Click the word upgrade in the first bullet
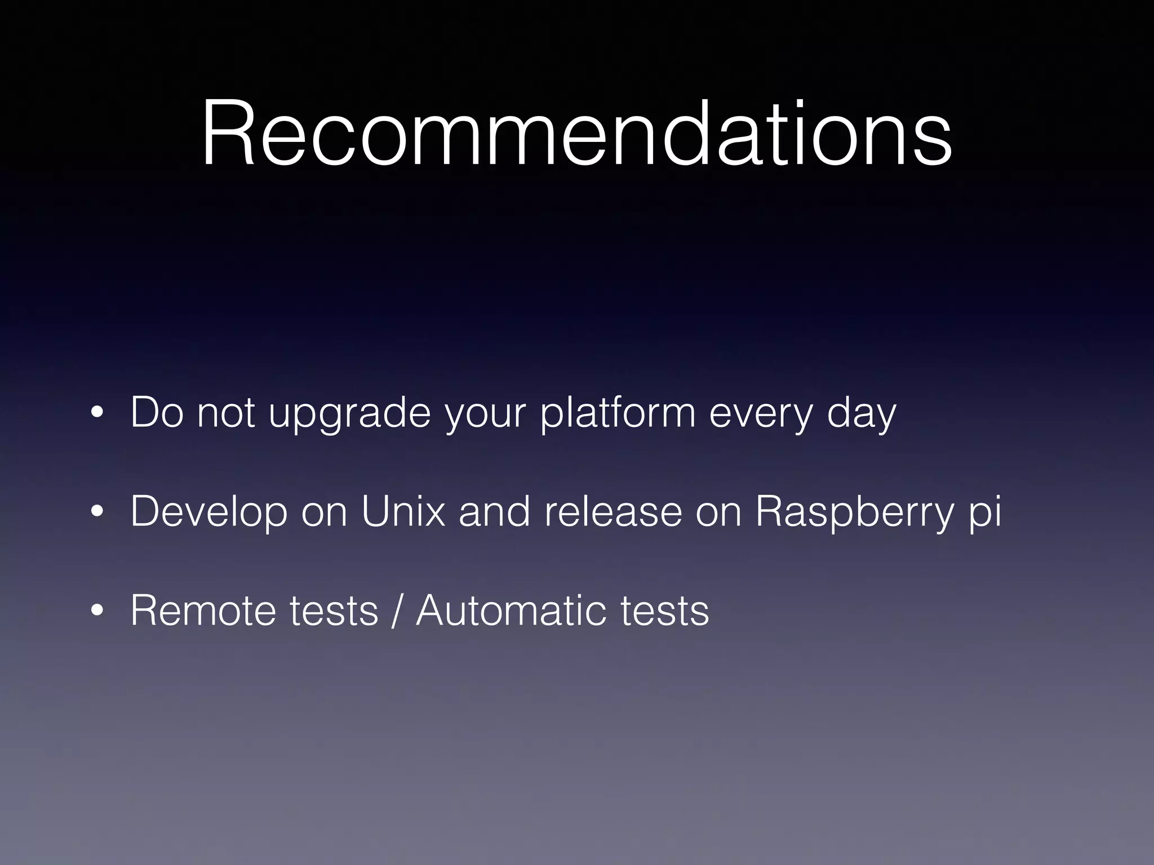click(349, 414)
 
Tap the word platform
click(618, 414)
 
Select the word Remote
click(203, 610)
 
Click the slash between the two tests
click(397, 610)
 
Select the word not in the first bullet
click(225, 414)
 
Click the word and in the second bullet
click(494, 511)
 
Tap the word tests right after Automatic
click(664, 610)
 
